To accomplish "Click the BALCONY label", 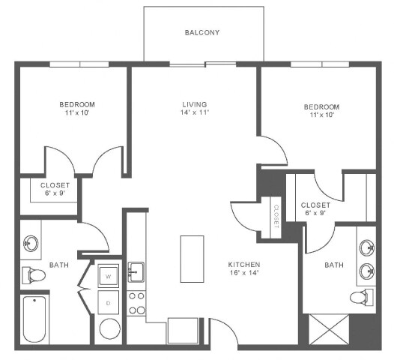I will tap(202, 33).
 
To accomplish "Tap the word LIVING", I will tap(194, 104).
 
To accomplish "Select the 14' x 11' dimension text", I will tap(194, 113).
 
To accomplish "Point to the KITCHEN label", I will tap(244, 265).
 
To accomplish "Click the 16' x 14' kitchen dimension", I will tap(244, 274).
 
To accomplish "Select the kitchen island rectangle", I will tap(192, 259).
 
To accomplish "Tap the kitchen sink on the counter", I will tap(136, 270).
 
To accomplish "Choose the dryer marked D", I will tap(109, 303).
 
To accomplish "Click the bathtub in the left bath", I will tap(34, 318).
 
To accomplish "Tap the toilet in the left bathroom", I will tap(34, 276).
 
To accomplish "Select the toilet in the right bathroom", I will tap(363, 296).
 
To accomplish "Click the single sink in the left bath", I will tap(31, 243).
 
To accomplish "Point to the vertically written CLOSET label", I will tap(276, 216).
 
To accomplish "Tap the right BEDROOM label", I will tap(321, 106).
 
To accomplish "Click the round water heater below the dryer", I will tap(110, 329).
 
